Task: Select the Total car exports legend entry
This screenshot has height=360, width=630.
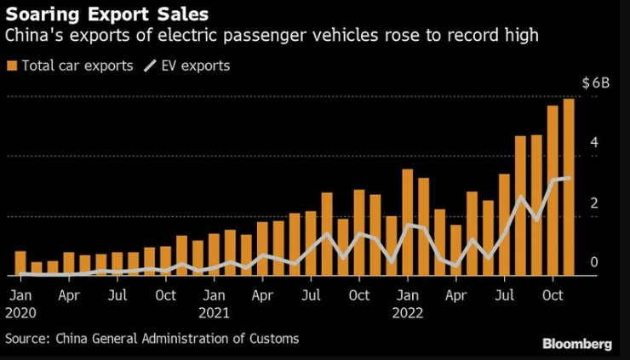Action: click(x=76, y=66)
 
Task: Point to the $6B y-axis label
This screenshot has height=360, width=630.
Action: click(x=595, y=84)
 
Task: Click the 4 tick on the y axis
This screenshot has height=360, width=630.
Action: click(x=595, y=142)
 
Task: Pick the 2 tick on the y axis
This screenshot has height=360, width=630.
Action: click(x=595, y=203)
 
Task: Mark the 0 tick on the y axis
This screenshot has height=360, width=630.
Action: click(x=595, y=262)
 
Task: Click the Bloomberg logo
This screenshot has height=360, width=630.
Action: click(x=576, y=344)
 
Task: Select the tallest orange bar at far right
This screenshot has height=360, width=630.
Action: click(x=568, y=187)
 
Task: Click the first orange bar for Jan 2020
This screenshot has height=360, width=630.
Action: click(x=20, y=263)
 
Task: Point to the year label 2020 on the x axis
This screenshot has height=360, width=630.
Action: click(x=21, y=311)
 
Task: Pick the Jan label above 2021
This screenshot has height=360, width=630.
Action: click(x=213, y=295)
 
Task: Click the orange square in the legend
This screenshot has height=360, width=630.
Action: click(x=11, y=66)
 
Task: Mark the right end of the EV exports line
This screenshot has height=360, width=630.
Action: click(x=568, y=178)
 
